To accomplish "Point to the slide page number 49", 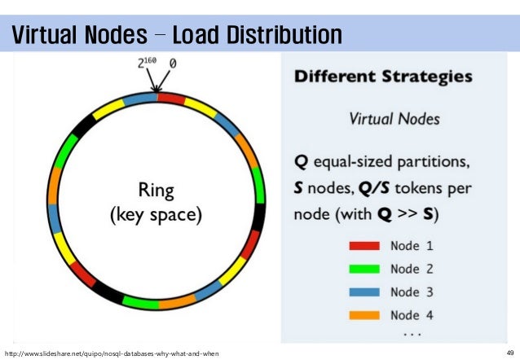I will pos(509,352).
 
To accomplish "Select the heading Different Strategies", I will pos(383,78).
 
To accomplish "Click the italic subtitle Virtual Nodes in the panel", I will pos(394,118).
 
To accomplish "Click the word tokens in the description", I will pos(422,187).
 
